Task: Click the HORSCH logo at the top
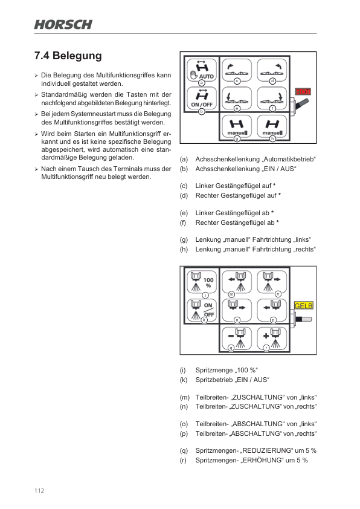click(x=63, y=25)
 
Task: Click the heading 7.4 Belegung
click(x=68, y=56)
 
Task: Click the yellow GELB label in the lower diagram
click(x=303, y=306)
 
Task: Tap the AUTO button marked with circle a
click(x=201, y=72)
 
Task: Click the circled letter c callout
click(x=237, y=80)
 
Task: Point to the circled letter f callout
click(x=272, y=108)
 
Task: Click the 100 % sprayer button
click(x=201, y=282)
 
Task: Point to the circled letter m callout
click(x=231, y=293)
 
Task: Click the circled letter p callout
click(x=273, y=320)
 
